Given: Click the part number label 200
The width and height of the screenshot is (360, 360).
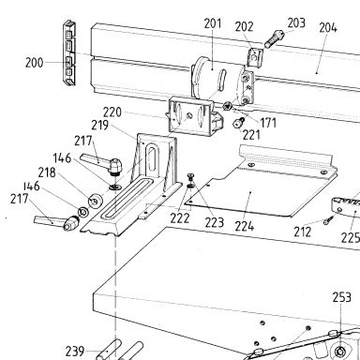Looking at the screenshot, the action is click(x=34, y=63).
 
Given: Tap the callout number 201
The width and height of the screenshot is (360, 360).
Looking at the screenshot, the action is click(x=213, y=23).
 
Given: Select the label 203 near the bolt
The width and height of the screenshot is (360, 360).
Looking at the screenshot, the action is click(x=296, y=22).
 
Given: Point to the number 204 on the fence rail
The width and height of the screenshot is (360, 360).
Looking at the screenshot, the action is click(x=328, y=28).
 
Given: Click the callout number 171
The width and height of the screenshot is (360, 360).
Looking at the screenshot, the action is click(x=268, y=123).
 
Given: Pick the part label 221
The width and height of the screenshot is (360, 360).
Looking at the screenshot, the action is click(x=251, y=135).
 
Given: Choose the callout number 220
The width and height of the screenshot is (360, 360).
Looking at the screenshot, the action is click(x=112, y=112).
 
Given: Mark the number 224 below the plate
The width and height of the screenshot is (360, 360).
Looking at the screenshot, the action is click(x=245, y=226).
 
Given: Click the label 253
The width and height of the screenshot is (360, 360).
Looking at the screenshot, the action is click(x=342, y=297).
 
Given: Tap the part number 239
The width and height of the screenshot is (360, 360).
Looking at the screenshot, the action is click(x=75, y=352).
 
